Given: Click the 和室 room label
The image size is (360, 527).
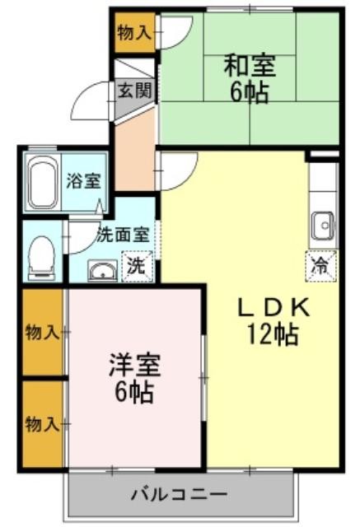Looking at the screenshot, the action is [250, 66].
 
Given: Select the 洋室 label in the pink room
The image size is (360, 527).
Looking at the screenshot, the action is [135, 366].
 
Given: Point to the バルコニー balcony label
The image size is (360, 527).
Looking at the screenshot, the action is [179, 494].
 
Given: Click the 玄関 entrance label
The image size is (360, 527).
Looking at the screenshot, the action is [135, 90].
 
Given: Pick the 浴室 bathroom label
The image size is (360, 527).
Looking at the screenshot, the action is [84, 180].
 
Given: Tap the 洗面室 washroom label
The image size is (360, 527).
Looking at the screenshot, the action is [123, 235].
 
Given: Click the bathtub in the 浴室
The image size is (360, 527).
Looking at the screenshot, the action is [42, 183].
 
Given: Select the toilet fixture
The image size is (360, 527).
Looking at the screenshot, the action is [42, 258].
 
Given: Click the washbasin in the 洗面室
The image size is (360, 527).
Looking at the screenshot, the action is [102, 271].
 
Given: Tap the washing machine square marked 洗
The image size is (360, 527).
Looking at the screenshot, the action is [137, 266].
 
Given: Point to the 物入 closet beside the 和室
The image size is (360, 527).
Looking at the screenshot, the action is [135, 33].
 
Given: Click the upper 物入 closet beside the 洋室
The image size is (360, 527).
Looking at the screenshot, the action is [42, 332].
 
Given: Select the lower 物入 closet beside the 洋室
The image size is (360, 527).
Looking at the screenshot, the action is [42, 424].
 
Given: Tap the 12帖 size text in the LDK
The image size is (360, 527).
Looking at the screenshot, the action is [273, 334].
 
